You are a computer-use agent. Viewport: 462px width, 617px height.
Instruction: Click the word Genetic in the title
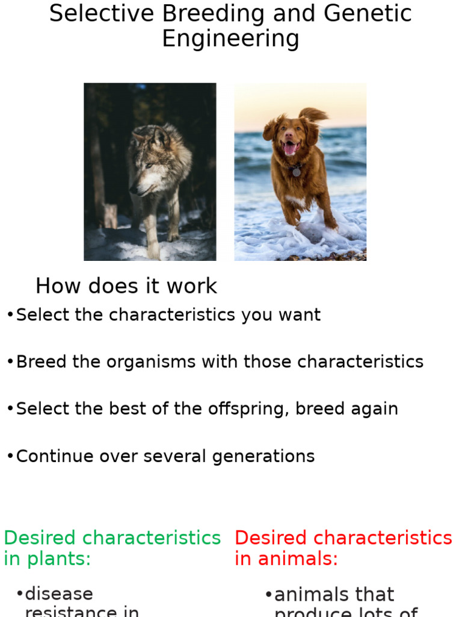[371, 13]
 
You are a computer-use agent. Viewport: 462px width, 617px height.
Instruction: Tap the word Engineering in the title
[230, 39]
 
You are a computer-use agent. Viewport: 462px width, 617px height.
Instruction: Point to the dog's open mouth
[289, 148]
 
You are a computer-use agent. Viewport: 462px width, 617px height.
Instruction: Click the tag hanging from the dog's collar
[296, 173]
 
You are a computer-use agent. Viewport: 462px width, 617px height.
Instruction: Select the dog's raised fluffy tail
[315, 114]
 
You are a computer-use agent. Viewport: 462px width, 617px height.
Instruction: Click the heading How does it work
[126, 286]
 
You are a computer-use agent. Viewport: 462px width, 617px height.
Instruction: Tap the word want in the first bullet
[298, 315]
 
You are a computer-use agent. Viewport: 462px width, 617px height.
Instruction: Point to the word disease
[59, 594]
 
